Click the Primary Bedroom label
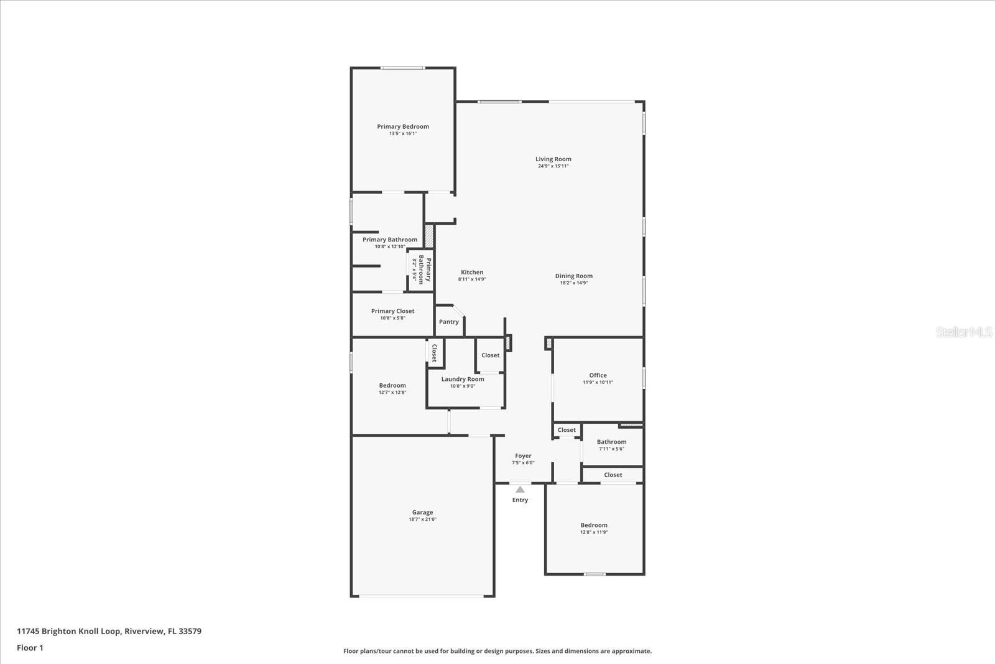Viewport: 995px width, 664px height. (403, 126)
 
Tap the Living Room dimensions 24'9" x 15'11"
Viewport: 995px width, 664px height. (553, 166)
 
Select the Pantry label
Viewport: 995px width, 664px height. (448, 322)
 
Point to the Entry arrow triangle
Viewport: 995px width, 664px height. (520, 490)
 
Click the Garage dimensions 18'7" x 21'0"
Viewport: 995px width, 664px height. (422, 519)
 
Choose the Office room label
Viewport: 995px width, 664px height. (598, 375)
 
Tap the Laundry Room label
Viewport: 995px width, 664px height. (462, 379)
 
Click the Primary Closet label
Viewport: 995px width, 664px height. (392, 311)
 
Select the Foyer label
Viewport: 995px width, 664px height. (522, 456)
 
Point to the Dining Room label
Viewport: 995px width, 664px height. (573, 276)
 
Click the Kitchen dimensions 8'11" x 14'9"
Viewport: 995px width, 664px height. (471, 279)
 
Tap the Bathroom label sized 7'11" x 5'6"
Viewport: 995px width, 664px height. (611, 442)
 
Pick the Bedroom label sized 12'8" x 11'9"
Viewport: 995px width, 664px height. (594, 525)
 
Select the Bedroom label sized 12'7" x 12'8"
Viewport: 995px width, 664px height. (392, 385)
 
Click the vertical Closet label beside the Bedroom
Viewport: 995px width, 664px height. (434, 353)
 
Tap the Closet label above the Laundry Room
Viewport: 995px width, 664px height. (490, 355)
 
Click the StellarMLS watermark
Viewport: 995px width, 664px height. (964, 332)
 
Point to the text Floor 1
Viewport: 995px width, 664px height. (30, 648)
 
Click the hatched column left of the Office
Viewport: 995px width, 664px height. (548, 343)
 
